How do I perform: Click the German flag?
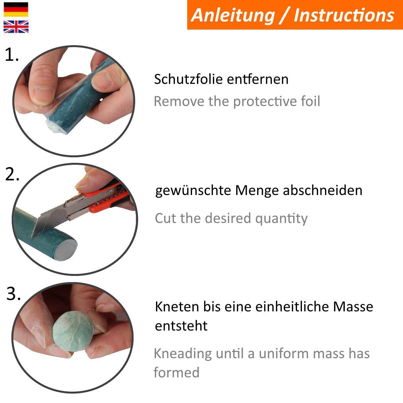click(16, 9)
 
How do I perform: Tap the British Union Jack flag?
click(16, 27)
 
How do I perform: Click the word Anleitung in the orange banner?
click(233, 16)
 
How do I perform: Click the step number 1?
click(12, 55)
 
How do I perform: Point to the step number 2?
click(12, 174)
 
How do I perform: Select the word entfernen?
click(258, 79)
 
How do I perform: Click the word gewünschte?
click(193, 191)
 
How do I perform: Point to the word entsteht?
click(181, 326)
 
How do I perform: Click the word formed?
click(176, 372)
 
